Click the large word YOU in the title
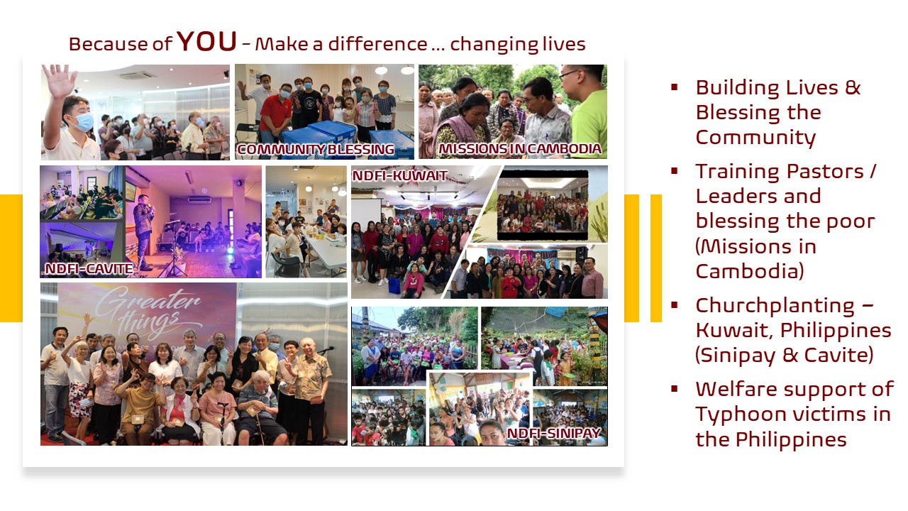click(x=206, y=41)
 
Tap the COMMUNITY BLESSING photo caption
click(x=316, y=149)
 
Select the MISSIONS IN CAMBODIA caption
click(x=520, y=148)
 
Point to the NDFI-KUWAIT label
click(x=399, y=175)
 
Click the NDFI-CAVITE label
click(x=89, y=268)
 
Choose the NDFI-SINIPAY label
click(x=554, y=433)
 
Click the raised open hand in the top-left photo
click(x=59, y=81)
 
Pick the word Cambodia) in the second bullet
click(x=750, y=270)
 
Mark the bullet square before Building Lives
click(x=675, y=87)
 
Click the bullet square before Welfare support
click(x=675, y=389)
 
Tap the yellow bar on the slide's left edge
click(x=11, y=258)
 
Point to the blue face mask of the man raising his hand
click(x=84, y=121)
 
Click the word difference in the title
click(x=377, y=44)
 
